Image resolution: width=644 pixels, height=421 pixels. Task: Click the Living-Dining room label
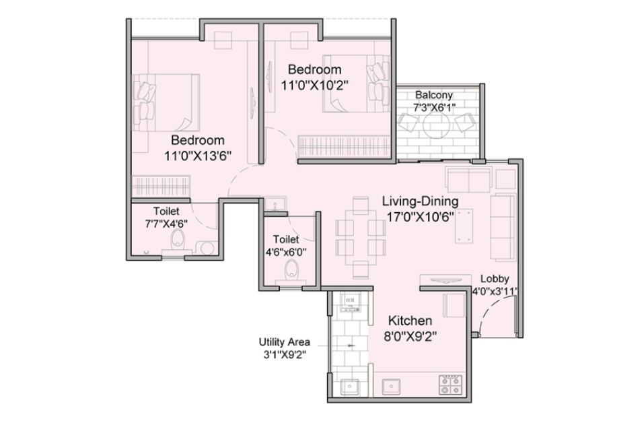pyautogui.click(x=420, y=201)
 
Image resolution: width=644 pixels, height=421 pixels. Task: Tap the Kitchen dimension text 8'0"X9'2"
pyautogui.click(x=410, y=337)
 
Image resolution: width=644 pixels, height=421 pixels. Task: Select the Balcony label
pyautogui.click(x=434, y=95)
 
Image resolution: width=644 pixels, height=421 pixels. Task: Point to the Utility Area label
pyautogui.click(x=284, y=342)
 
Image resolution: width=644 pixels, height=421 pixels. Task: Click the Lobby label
pyautogui.click(x=495, y=279)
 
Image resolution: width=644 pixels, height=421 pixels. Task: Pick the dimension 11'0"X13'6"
pyautogui.click(x=198, y=156)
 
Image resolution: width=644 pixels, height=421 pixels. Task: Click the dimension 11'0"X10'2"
pyautogui.click(x=315, y=85)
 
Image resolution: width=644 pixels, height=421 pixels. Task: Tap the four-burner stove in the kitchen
pyautogui.click(x=450, y=385)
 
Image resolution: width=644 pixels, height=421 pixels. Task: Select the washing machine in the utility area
pyautogui.click(x=350, y=302)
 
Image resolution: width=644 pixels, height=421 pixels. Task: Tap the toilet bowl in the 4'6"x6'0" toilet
pyautogui.click(x=291, y=268)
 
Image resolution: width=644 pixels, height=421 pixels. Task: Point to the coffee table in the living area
pyautogui.click(x=464, y=226)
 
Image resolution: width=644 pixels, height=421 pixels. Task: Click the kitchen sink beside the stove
pyautogui.click(x=392, y=387)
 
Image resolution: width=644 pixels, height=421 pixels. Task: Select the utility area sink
pyautogui.click(x=350, y=387)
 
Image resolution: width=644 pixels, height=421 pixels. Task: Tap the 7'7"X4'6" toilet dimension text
pyautogui.click(x=166, y=224)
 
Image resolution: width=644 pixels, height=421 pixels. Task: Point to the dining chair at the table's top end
pyautogui.click(x=361, y=205)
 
